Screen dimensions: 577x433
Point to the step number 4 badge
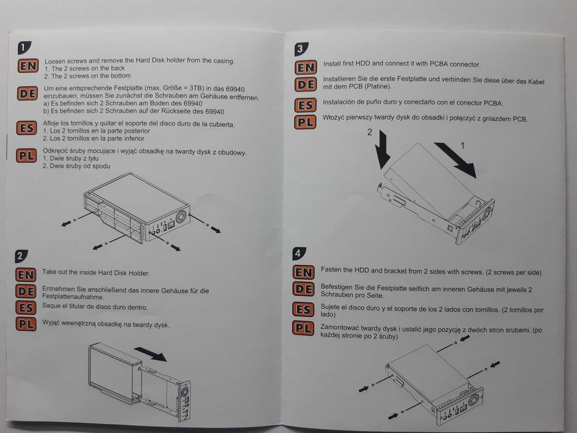click(298, 252)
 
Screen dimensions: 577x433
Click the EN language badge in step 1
click(28, 66)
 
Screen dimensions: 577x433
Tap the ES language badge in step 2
click(26, 307)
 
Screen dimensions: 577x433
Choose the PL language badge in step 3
click(306, 121)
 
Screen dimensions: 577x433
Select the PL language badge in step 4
click(303, 328)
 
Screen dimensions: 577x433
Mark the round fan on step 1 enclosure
click(181, 218)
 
